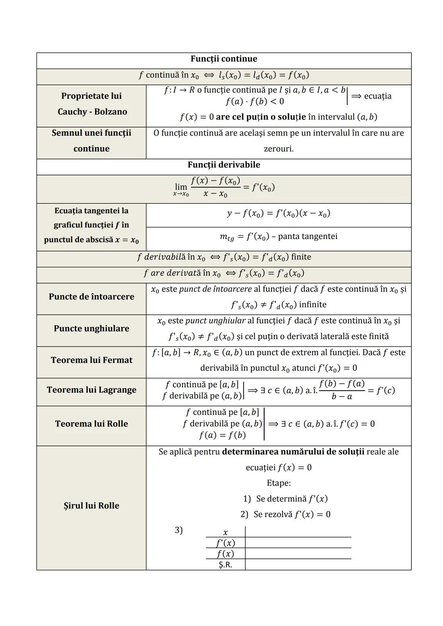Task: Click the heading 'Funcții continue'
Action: click(224, 59)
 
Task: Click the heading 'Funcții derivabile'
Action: click(224, 165)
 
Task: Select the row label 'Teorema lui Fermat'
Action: click(91, 360)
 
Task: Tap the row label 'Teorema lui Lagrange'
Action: click(91, 390)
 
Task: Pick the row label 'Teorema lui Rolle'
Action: click(91, 424)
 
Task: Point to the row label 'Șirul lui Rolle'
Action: click(91, 506)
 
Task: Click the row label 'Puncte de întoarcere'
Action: click(91, 297)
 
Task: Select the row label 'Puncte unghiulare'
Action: click(91, 329)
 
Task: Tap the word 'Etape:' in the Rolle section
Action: click(279, 483)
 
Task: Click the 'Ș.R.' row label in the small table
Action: click(225, 565)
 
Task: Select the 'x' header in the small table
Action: click(225, 533)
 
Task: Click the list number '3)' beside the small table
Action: click(178, 530)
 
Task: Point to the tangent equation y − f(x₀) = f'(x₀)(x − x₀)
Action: click(279, 214)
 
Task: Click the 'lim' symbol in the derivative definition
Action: click(181, 187)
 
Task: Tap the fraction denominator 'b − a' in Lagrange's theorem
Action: click(342, 397)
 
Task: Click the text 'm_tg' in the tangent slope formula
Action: click(227, 237)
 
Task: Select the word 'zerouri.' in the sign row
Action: click(279, 149)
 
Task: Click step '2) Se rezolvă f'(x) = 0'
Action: click(285, 514)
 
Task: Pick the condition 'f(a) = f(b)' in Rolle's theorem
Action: click(222, 435)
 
